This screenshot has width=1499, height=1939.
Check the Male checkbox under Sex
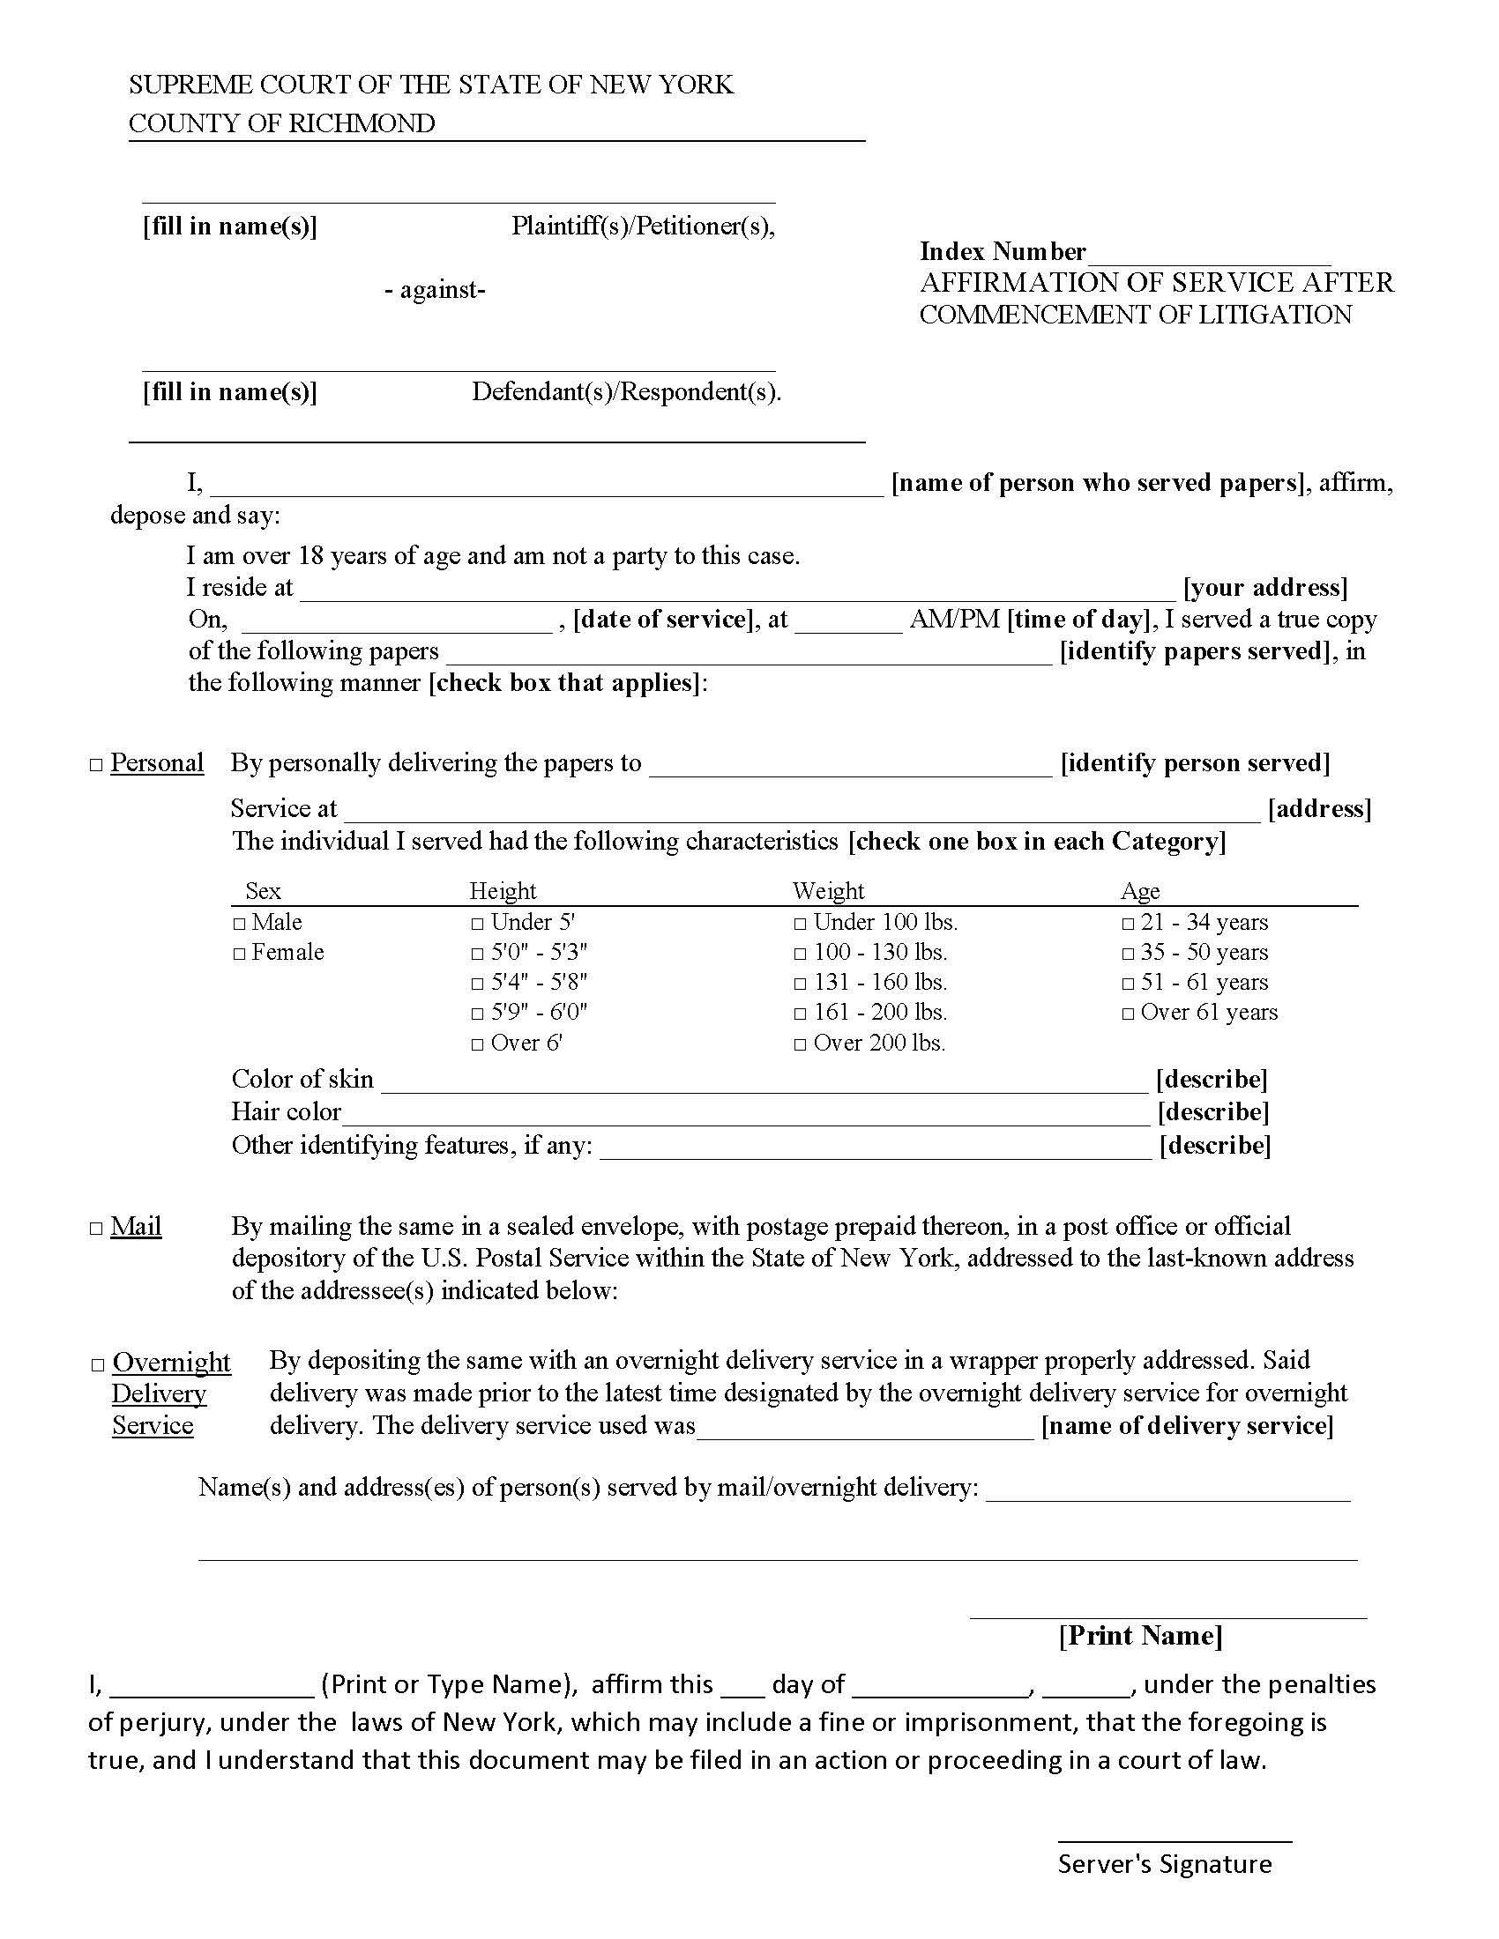tap(239, 925)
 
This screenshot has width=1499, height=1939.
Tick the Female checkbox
tap(239, 955)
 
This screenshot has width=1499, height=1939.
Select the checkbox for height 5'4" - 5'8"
tap(478, 984)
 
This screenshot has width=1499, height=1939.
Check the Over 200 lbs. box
tap(800, 1045)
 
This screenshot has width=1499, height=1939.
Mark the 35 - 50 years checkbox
tap(1128, 955)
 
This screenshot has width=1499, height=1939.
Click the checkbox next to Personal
tap(97, 765)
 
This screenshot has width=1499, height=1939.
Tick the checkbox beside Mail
tap(97, 1230)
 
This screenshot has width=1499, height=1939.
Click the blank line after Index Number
tap(1209, 256)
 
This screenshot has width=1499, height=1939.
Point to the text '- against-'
tap(435, 290)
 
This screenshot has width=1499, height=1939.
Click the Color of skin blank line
tap(764, 1082)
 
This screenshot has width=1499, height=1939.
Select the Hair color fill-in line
tap(746, 1115)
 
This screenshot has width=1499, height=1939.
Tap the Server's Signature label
tap(1164, 1863)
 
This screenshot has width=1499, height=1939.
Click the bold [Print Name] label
tap(1140, 1635)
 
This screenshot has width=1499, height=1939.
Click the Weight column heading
tap(828, 890)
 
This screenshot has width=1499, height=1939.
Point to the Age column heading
tap(1140, 890)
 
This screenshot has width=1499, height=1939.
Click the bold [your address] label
tap(1264, 588)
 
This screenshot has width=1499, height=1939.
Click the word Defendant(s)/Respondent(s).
tap(626, 391)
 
